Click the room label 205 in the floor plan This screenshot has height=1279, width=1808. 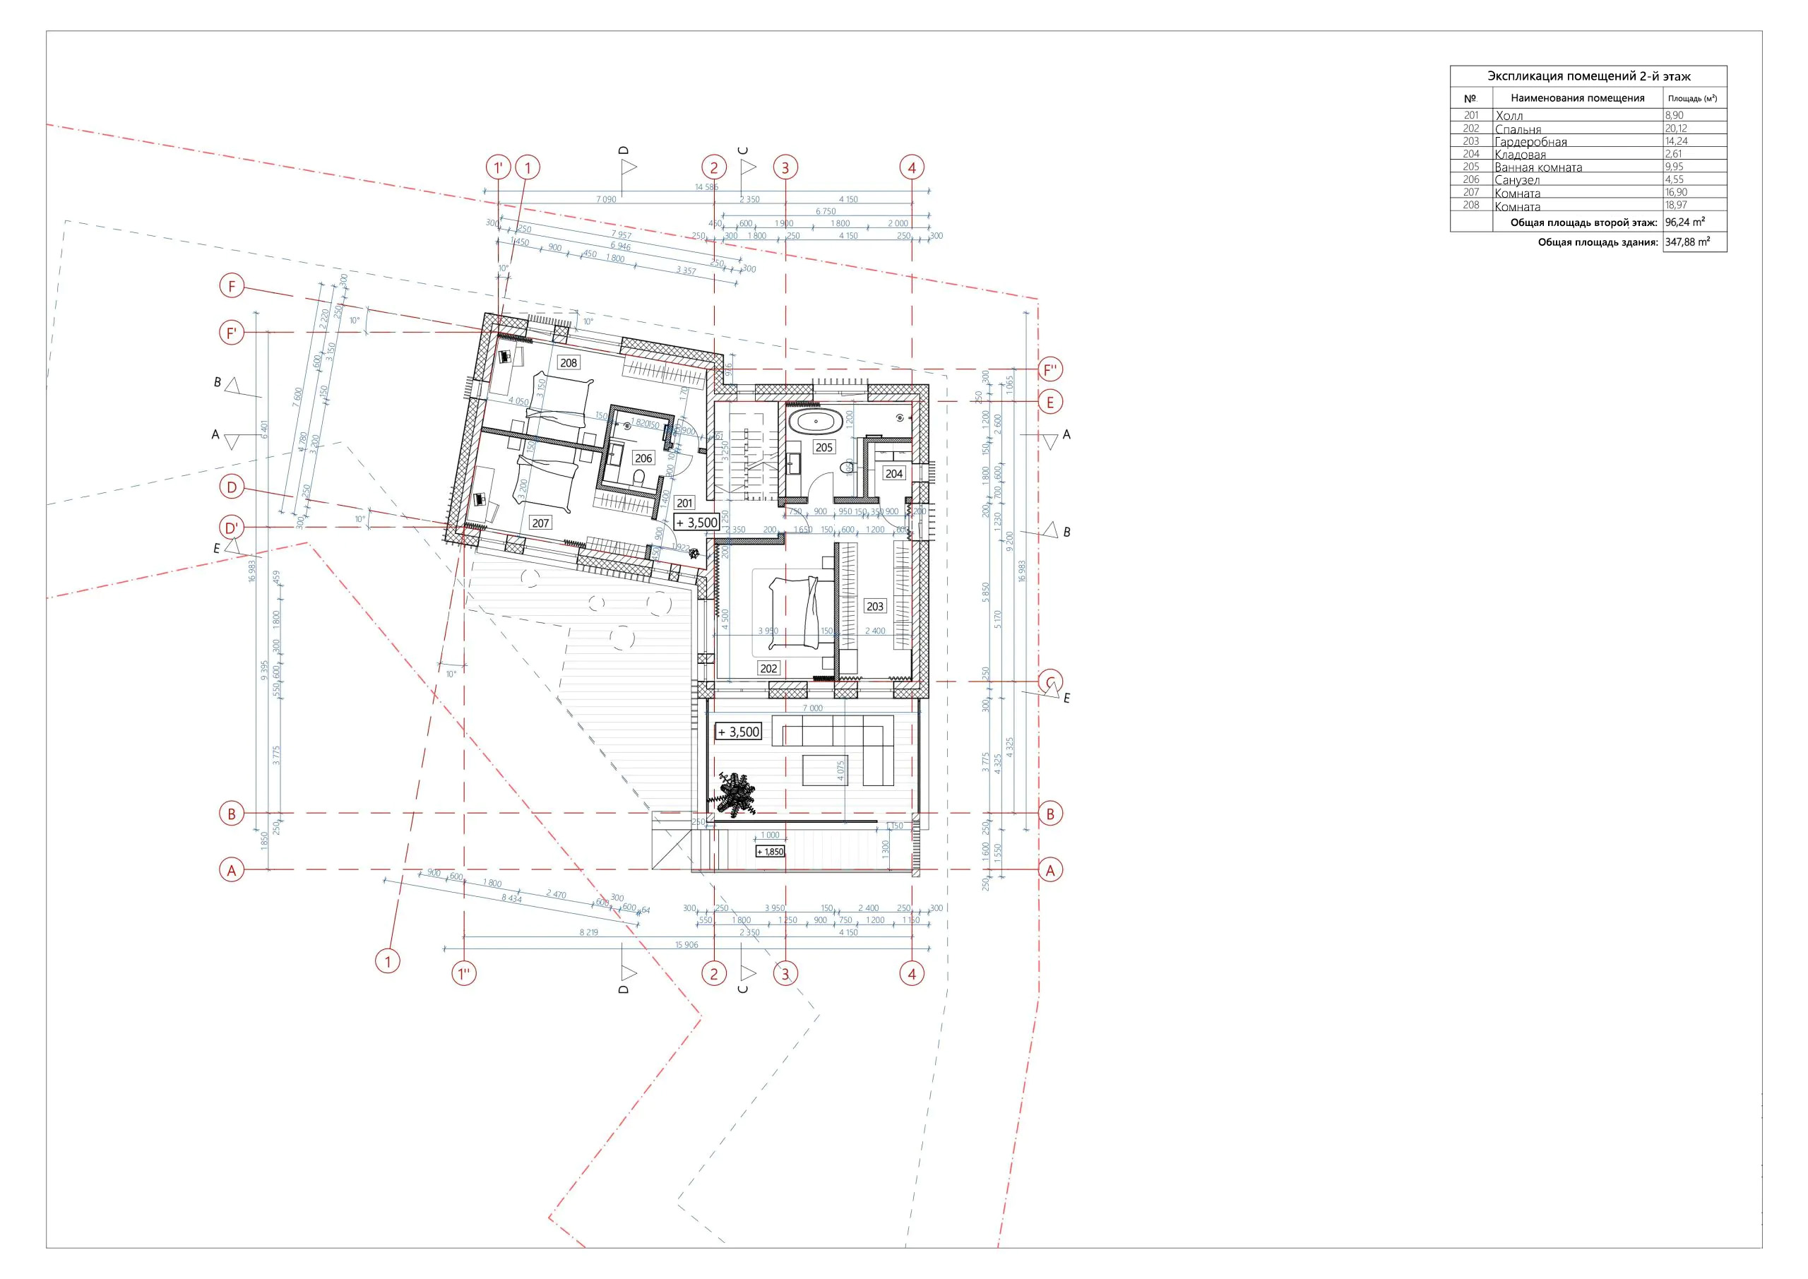[x=823, y=447]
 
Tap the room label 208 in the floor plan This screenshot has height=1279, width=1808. [x=568, y=363]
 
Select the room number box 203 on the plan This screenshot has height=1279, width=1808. [x=875, y=607]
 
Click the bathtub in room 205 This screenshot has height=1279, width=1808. [x=815, y=422]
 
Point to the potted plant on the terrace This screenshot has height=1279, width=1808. [x=735, y=793]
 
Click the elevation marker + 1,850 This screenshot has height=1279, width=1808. [x=770, y=851]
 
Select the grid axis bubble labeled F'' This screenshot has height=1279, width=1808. [x=1050, y=369]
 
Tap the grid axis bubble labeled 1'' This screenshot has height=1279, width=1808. [x=465, y=973]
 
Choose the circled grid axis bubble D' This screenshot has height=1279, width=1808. [x=232, y=528]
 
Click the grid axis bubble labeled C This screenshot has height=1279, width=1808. [x=1050, y=682]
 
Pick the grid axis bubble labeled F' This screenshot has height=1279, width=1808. [x=232, y=333]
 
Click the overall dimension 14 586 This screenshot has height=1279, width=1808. [x=706, y=187]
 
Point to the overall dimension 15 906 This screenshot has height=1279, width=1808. [x=686, y=945]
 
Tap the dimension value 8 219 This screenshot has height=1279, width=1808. [x=589, y=932]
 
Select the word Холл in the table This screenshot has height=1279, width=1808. [x=1509, y=116]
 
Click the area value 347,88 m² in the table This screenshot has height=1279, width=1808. [x=1687, y=242]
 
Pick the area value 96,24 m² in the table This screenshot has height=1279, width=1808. [x=1685, y=222]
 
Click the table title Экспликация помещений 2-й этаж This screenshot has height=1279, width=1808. [x=1588, y=76]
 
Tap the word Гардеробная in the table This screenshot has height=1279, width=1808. [x=1531, y=142]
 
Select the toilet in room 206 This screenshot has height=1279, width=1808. [x=639, y=477]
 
